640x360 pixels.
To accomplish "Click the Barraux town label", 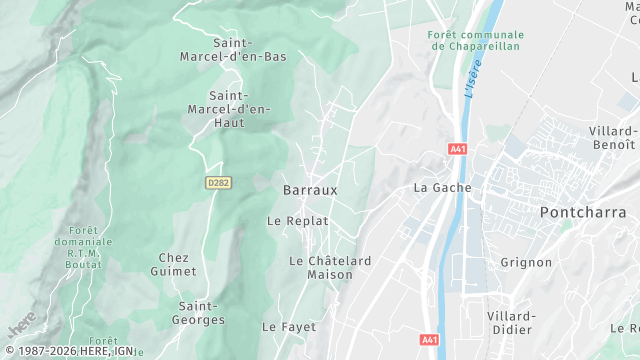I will click(310, 189).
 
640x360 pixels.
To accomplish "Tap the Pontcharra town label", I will click(583, 212).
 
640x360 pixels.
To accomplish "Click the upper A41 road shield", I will click(458, 149).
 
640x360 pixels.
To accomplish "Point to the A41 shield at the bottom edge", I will click(428, 339).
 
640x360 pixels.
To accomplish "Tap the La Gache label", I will click(442, 187).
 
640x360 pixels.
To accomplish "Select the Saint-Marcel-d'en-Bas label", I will click(250, 50).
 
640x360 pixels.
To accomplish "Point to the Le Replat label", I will click(298, 220).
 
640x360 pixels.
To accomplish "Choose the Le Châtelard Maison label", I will click(330, 267).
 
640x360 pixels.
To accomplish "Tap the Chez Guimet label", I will click(173, 264).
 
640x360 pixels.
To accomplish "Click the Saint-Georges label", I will click(200, 312).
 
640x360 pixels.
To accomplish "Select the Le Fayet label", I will click(289, 327).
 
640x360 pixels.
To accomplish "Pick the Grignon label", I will click(526, 262).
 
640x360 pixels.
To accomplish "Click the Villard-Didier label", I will click(511, 322).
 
